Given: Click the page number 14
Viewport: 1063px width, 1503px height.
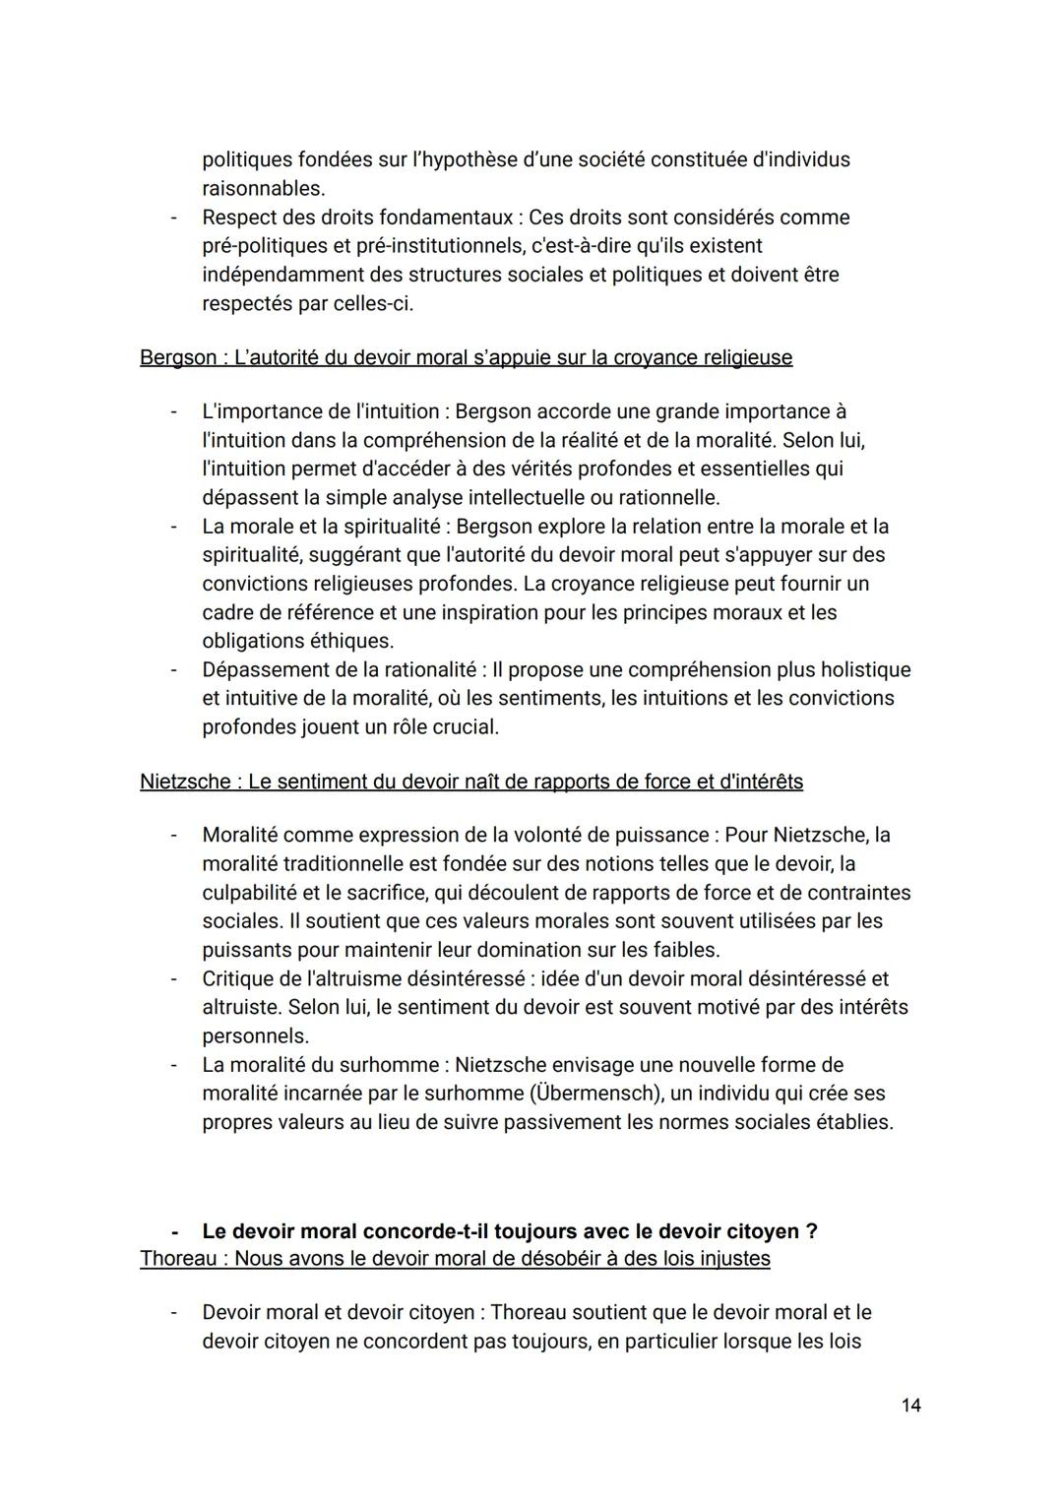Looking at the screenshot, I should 910,1405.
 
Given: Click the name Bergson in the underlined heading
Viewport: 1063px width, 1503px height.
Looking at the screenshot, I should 178,357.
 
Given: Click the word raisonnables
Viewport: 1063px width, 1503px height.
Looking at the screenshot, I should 262,188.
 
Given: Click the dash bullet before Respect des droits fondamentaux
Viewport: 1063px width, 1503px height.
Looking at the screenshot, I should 173,218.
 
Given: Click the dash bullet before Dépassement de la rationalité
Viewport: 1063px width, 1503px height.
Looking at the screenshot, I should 173,670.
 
